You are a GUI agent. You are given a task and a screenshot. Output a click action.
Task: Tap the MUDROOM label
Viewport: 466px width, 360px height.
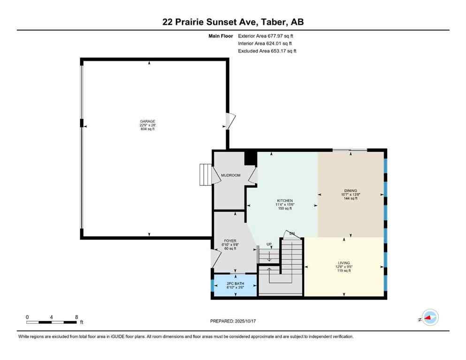(230, 175)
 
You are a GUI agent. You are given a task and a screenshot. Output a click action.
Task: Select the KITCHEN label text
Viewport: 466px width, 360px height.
(284, 201)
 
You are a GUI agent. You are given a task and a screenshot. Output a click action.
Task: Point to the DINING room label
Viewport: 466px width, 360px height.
(351, 191)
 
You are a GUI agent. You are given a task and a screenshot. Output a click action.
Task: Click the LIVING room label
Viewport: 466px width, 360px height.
(344, 263)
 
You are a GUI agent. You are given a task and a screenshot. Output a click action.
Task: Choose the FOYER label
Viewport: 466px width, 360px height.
(230, 241)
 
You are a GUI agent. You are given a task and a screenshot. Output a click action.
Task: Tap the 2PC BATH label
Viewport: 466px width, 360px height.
(235, 284)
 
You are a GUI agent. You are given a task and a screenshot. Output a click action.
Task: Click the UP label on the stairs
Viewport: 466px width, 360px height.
(269, 243)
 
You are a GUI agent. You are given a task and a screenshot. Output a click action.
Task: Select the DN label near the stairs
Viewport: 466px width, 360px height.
(292, 233)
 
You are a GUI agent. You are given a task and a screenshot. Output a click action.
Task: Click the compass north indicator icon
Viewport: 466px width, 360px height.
(429, 318)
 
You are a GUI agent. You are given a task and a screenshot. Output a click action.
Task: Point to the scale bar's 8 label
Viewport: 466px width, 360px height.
(76, 317)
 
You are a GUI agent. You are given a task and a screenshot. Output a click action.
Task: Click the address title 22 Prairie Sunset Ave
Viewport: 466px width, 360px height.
(233, 22)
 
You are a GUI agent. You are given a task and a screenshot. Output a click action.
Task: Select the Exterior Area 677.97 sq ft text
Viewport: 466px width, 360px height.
(266, 36)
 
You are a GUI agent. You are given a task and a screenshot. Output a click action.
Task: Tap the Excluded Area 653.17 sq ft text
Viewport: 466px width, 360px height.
(267, 51)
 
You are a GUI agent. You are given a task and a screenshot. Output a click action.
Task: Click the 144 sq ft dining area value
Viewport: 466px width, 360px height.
(351, 199)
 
